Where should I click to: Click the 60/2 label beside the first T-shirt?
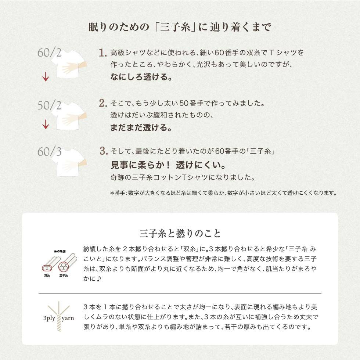50,53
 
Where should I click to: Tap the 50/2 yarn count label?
50,105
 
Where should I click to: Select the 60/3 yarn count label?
50,151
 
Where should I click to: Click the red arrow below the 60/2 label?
46,76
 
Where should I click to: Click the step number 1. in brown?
103,53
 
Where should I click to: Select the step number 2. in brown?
103,103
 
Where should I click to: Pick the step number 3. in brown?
104,151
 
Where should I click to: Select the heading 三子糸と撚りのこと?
180,233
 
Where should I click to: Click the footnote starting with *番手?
223,193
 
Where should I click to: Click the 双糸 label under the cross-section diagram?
47,275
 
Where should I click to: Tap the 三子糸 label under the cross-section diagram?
64,275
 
